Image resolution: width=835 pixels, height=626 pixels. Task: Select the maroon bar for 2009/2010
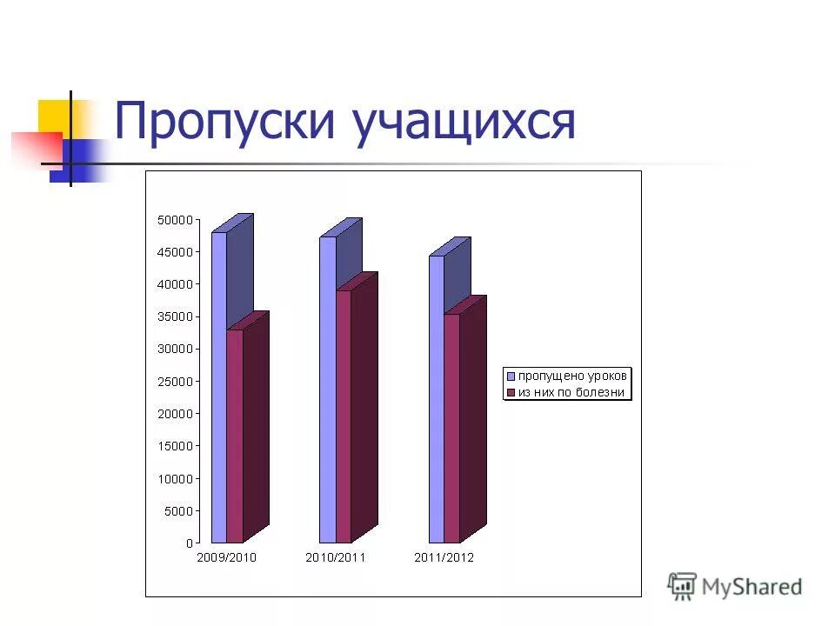click(x=235, y=435)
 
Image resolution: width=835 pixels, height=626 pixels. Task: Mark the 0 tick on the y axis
click(x=188, y=543)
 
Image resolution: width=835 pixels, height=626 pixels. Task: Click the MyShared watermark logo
click(x=735, y=587)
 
